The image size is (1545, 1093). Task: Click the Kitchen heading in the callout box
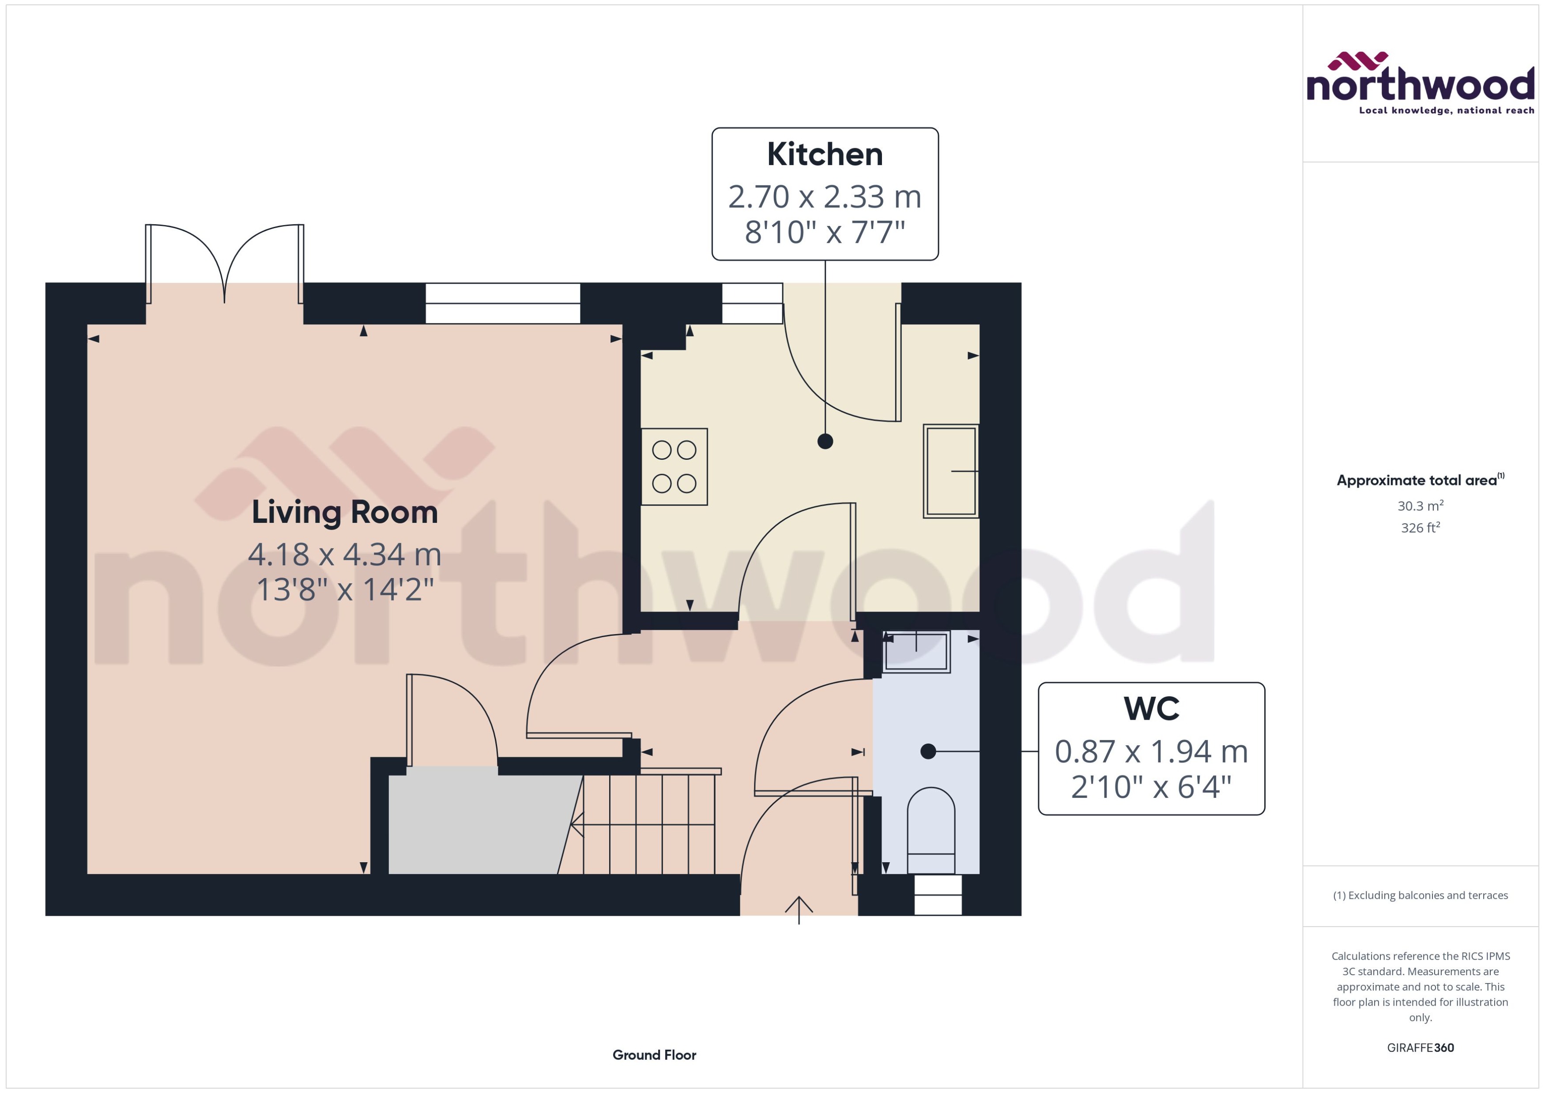824,155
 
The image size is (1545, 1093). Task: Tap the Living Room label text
345,512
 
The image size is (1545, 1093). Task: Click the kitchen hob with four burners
674,466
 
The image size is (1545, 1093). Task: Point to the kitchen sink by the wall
950,471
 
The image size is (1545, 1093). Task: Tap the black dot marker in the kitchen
825,442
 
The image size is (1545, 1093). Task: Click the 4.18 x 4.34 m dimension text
345,555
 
